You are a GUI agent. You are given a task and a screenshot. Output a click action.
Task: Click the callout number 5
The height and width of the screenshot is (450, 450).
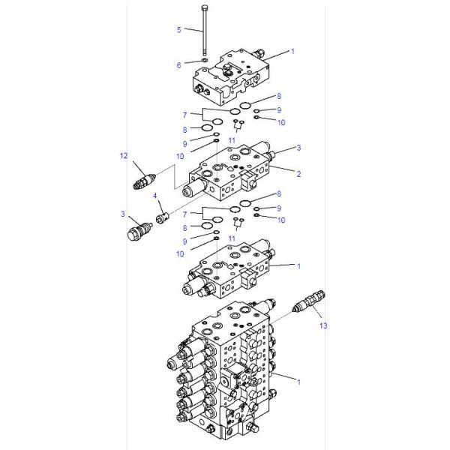click(178, 30)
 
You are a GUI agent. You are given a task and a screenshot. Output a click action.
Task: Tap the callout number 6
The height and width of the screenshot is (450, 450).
click(178, 65)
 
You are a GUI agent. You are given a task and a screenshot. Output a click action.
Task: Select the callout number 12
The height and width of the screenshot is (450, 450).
click(124, 156)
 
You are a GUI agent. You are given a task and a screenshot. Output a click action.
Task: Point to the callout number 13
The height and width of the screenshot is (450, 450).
click(323, 325)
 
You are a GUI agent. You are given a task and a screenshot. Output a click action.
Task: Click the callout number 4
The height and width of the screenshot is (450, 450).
click(155, 196)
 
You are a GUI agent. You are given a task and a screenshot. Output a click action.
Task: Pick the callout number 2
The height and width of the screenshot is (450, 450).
click(298, 174)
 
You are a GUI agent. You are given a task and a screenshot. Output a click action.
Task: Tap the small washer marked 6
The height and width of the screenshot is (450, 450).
click(205, 61)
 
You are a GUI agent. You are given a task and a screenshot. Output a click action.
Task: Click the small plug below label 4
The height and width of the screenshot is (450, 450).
click(160, 218)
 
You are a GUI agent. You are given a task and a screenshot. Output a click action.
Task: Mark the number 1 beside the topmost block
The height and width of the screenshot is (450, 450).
click(293, 52)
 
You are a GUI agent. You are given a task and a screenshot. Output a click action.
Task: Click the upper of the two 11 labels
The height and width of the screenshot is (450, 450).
click(232, 140)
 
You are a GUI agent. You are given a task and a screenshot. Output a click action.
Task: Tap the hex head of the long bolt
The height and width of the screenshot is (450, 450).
click(205, 7)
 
